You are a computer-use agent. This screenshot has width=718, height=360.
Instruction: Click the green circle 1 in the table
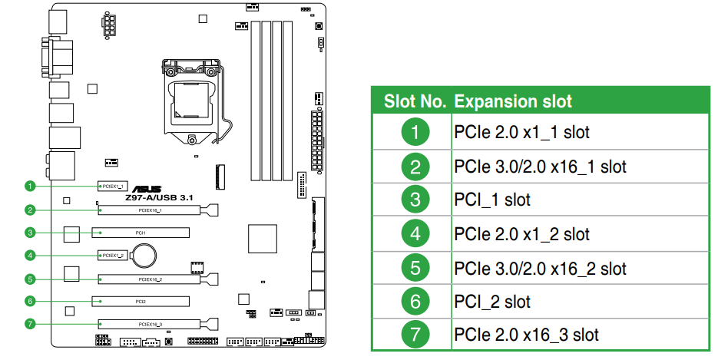coord(415,132)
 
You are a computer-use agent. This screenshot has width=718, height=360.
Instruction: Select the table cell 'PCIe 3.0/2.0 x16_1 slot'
coord(540,167)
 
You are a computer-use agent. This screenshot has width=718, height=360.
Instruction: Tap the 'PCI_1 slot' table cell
coord(492,200)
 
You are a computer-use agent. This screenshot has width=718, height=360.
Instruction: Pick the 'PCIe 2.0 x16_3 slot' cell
coord(526,335)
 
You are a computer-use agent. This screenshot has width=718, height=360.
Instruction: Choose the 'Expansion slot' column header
coord(513,101)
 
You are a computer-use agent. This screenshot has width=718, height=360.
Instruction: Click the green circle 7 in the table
coord(415,335)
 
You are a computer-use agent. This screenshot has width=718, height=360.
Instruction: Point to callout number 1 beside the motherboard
coord(30,186)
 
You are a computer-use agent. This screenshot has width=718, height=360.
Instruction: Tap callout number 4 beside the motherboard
coord(30,255)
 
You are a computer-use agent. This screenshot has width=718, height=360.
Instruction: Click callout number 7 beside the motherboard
coord(30,323)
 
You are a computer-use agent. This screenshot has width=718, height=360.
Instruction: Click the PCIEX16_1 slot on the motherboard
coord(157,209)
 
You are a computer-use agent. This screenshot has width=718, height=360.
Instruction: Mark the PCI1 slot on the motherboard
coord(141,232)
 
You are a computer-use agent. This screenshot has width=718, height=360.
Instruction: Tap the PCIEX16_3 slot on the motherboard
coord(157,323)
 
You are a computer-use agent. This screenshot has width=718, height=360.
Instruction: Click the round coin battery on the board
coord(144,251)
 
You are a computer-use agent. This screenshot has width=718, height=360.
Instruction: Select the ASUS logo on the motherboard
coord(147,189)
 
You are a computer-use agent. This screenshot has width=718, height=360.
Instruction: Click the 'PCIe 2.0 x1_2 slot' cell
coord(522,234)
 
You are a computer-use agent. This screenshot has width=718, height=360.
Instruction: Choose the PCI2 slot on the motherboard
coord(141,300)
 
